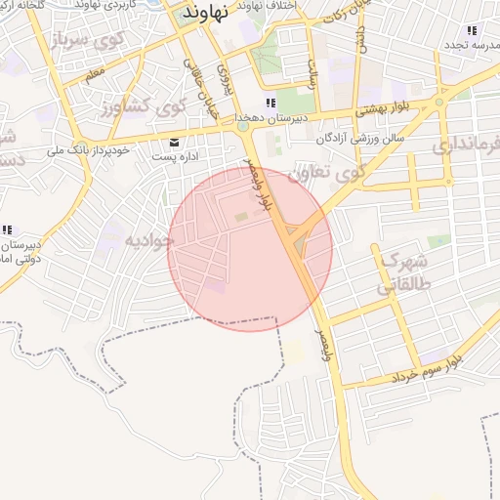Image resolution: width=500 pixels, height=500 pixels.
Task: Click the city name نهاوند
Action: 205,13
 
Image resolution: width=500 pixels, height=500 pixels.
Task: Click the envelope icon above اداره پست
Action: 175,142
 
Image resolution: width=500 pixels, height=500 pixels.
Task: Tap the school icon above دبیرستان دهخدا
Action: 271,104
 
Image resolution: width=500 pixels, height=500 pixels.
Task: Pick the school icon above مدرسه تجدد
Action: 472,31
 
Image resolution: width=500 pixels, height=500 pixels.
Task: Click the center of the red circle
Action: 250,248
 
